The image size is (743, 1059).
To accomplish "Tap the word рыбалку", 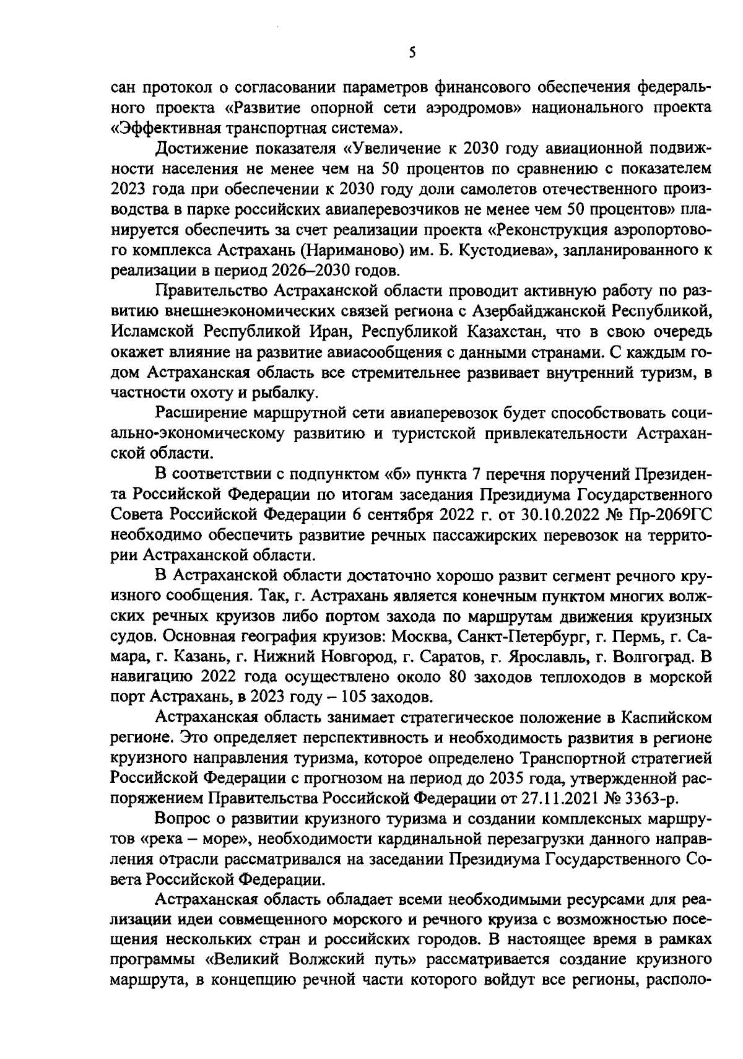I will click(x=288, y=392).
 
